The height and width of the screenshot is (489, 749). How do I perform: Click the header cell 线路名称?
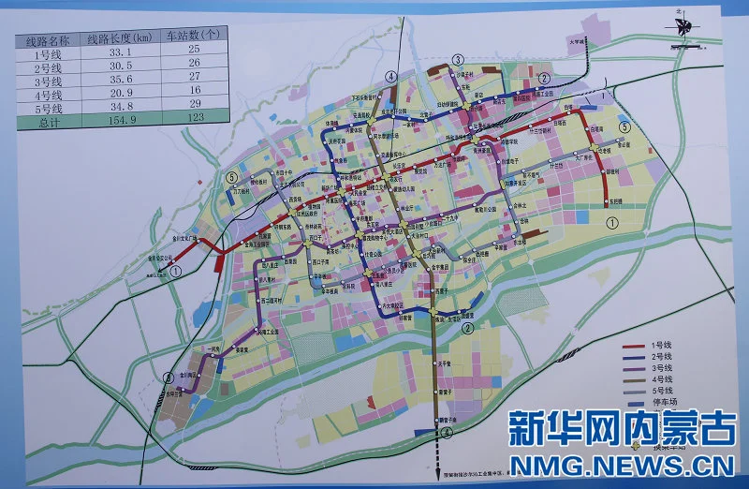point(48,40)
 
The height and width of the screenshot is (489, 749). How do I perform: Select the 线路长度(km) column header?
point(120,39)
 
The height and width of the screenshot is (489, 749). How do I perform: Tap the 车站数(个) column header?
point(193,39)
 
